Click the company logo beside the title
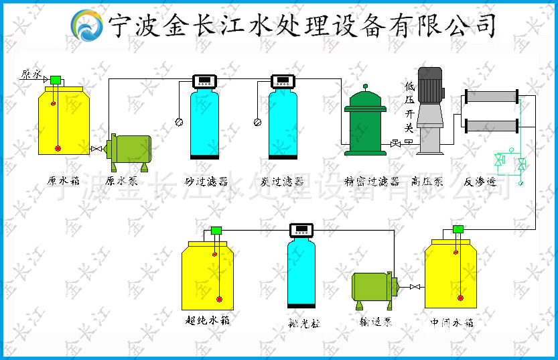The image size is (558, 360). pos(88,25)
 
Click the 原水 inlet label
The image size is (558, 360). pos(31,74)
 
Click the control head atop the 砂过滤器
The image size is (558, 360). pos(204,81)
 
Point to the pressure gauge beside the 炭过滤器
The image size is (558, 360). pos(257,122)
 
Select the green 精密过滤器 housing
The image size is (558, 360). pos(365,127)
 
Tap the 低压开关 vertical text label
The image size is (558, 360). pos(409,107)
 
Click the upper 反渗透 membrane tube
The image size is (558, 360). pos(492,97)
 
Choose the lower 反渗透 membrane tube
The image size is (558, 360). pos(492,125)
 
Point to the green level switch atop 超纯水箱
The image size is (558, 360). pos(216,231)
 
